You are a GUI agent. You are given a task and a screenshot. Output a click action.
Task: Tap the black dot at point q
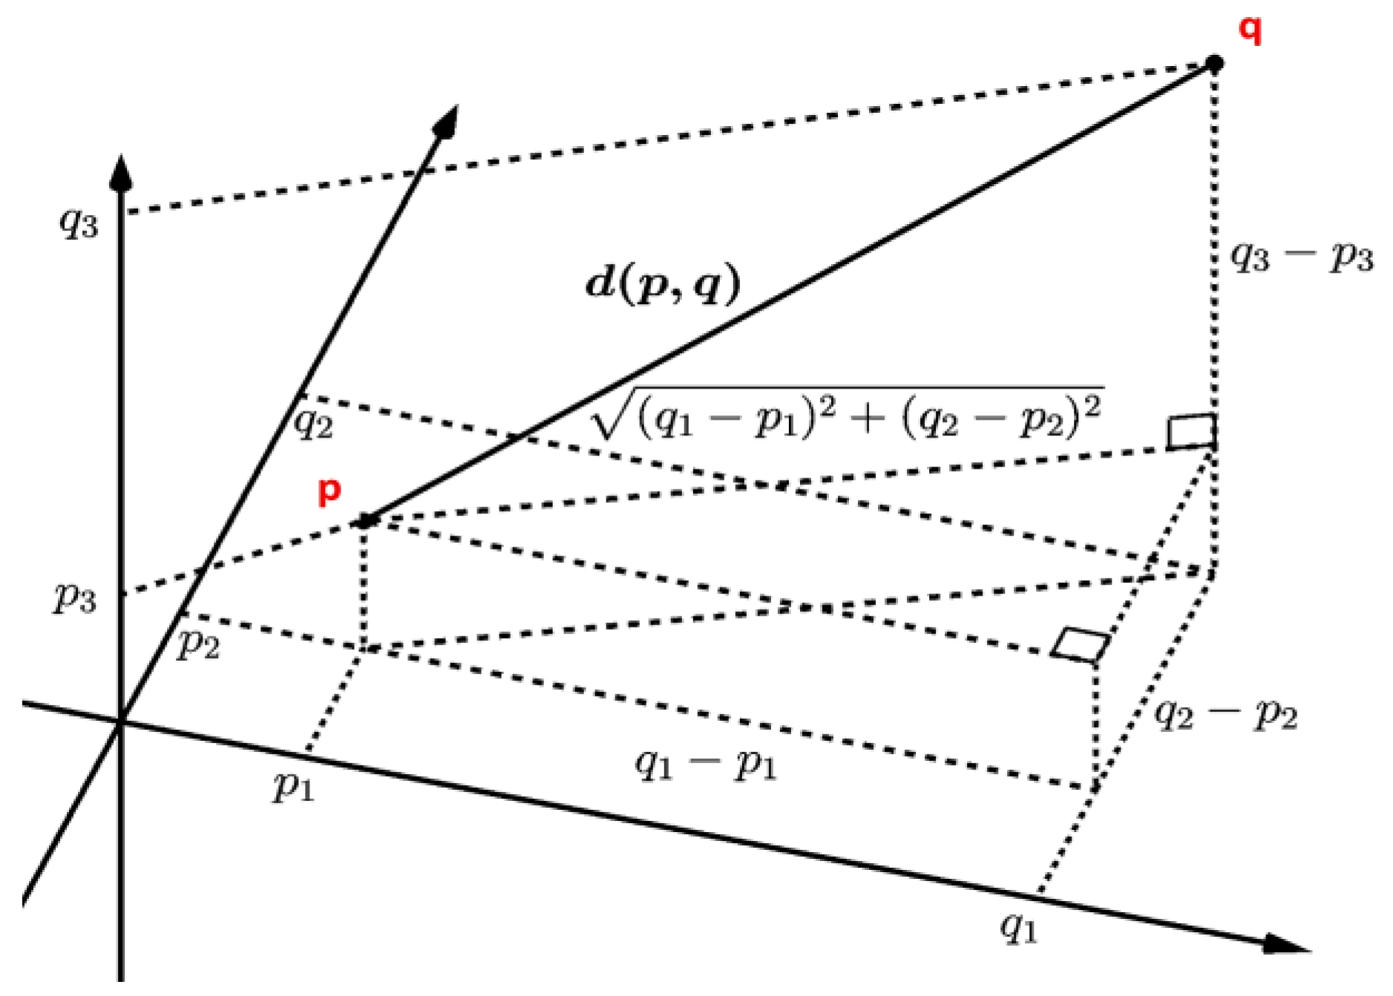(x=1214, y=64)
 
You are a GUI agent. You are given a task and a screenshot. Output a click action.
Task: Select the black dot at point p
(x=364, y=521)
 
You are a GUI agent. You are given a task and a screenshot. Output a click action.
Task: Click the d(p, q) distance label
(x=663, y=284)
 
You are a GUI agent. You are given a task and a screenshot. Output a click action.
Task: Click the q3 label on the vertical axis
(x=79, y=222)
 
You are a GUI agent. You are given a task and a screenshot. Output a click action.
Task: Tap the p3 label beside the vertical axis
(x=75, y=597)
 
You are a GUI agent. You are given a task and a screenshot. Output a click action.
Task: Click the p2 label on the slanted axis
(x=198, y=644)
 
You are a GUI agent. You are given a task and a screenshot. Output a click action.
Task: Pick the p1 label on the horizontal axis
(x=294, y=785)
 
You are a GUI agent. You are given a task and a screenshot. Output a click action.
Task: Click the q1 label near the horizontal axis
(x=1019, y=927)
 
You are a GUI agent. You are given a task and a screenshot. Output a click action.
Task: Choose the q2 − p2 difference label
(x=1225, y=715)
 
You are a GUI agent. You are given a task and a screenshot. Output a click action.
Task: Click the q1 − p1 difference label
(x=705, y=764)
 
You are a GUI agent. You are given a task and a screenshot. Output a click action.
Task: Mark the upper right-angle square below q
(x=1191, y=432)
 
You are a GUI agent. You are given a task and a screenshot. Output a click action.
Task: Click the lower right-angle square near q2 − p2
(x=1081, y=644)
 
